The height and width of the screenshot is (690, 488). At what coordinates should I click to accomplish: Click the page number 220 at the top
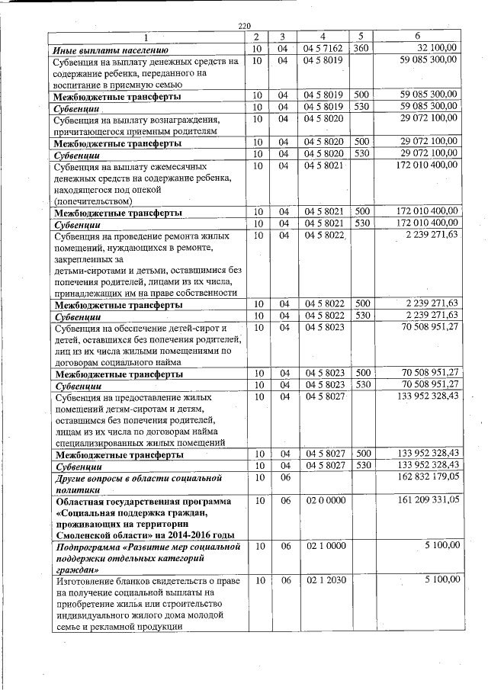pyautogui.click(x=244, y=27)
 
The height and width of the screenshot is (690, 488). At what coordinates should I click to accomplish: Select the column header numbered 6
pyautogui.click(x=417, y=37)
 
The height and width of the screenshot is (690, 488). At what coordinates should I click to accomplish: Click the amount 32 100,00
pyautogui.click(x=435, y=48)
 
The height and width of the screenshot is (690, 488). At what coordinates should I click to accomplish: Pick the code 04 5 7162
pyautogui.click(x=323, y=48)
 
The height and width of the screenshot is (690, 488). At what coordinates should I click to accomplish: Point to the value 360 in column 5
pyautogui.click(x=361, y=48)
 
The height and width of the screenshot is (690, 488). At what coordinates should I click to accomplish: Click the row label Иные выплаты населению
pyautogui.click(x=104, y=50)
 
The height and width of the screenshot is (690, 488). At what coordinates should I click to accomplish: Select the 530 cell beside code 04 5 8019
pyautogui.click(x=361, y=105)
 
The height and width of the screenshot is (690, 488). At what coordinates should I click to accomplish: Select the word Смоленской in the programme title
pyautogui.click(x=85, y=534)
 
